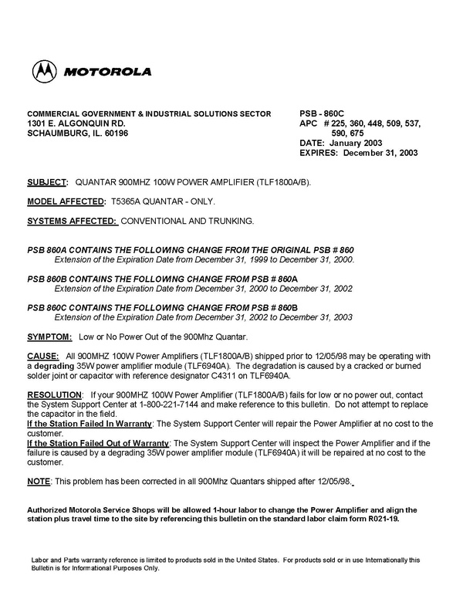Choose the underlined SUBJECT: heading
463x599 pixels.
click(47, 182)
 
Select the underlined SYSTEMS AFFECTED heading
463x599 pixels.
click(71, 221)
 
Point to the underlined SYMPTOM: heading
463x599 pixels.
click(50, 337)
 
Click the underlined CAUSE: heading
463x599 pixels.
click(42, 356)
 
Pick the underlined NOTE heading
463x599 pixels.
click(39, 481)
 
